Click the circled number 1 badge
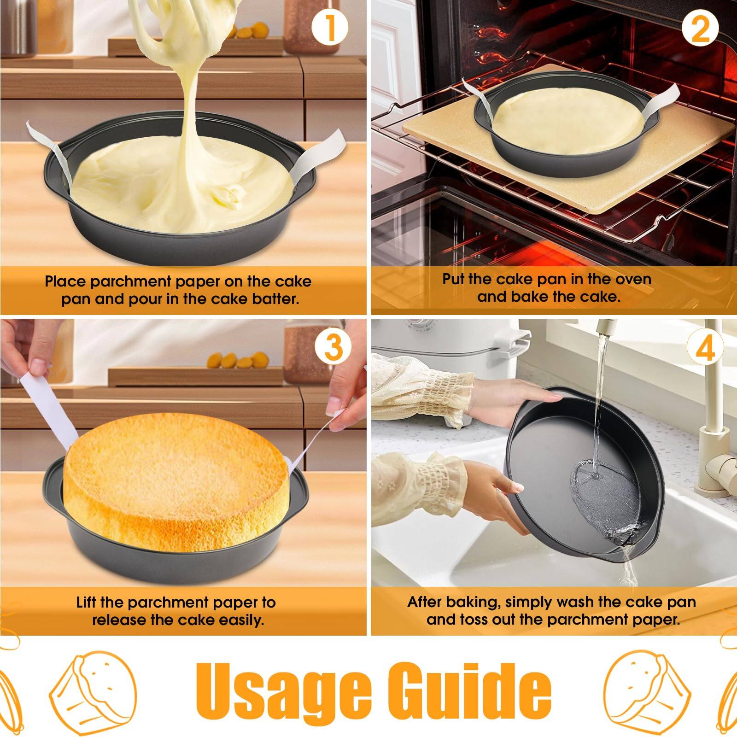click(x=330, y=28)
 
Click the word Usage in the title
click(x=282, y=690)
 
